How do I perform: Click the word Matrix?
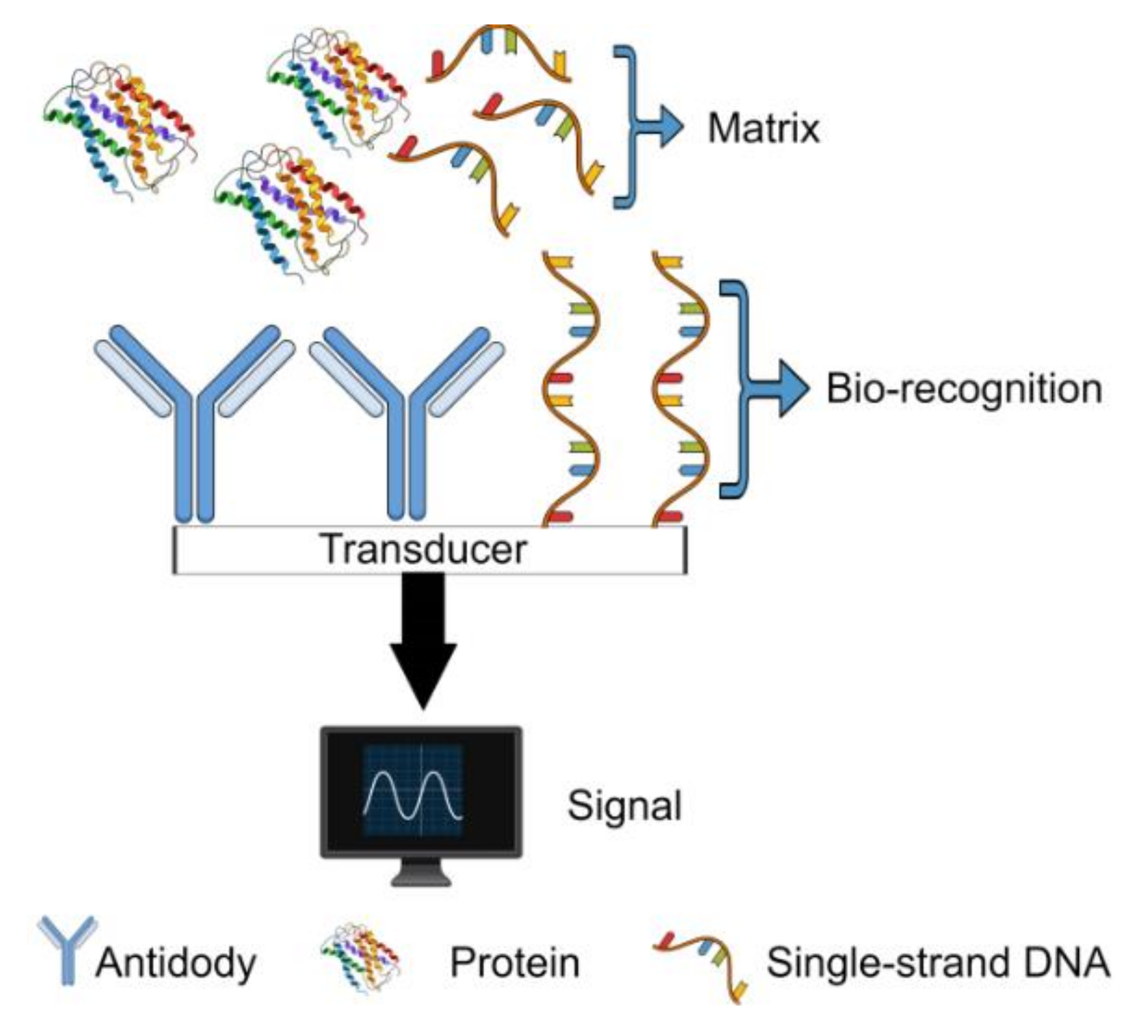pos(763,128)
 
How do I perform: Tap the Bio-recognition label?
pos(964,389)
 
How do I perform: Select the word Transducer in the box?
pos(424,549)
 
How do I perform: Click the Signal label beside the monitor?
pos(624,805)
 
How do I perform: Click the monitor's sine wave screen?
pos(413,790)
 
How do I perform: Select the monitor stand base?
pos(421,876)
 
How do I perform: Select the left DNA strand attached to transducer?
pos(571,390)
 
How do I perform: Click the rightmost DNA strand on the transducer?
pos(680,390)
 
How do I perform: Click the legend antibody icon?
pos(66,950)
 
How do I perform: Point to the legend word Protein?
pos(514,962)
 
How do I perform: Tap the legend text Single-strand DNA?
pos(937,962)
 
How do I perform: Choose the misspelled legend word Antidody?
pos(176,962)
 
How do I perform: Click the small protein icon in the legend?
pos(360,958)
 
